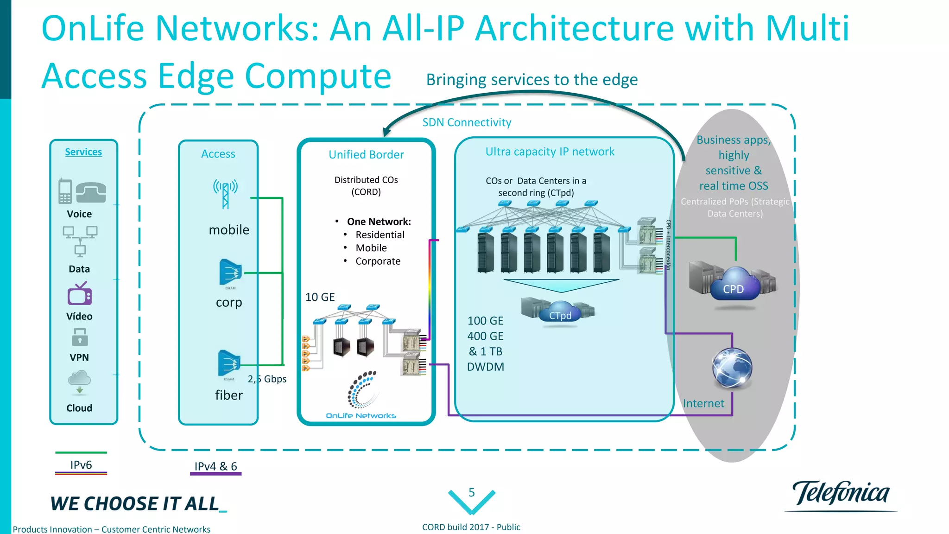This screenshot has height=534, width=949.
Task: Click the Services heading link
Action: (x=83, y=152)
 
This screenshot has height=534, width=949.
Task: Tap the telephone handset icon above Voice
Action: (x=91, y=193)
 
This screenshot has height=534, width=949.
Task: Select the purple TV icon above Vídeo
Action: (x=80, y=294)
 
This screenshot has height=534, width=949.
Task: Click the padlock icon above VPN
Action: (x=80, y=337)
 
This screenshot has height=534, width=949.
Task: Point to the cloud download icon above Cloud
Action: (x=79, y=381)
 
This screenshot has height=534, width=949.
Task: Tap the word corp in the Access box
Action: (x=229, y=302)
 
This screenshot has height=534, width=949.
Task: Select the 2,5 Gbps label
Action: (x=267, y=379)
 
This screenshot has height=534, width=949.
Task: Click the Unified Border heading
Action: (x=366, y=155)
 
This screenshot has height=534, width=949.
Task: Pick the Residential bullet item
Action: (x=380, y=235)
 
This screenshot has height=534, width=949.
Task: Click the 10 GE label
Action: (x=320, y=297)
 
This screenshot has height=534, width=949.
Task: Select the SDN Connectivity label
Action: (x=467, y=122)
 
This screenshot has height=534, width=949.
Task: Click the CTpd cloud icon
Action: (x=560, y=313)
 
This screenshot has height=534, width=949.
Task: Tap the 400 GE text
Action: (x=485, y=336)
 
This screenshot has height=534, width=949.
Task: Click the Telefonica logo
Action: (x=841, y=494)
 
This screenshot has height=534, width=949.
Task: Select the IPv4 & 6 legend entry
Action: (x=215, y=466)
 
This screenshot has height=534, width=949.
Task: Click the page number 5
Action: (x=472, y=492)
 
